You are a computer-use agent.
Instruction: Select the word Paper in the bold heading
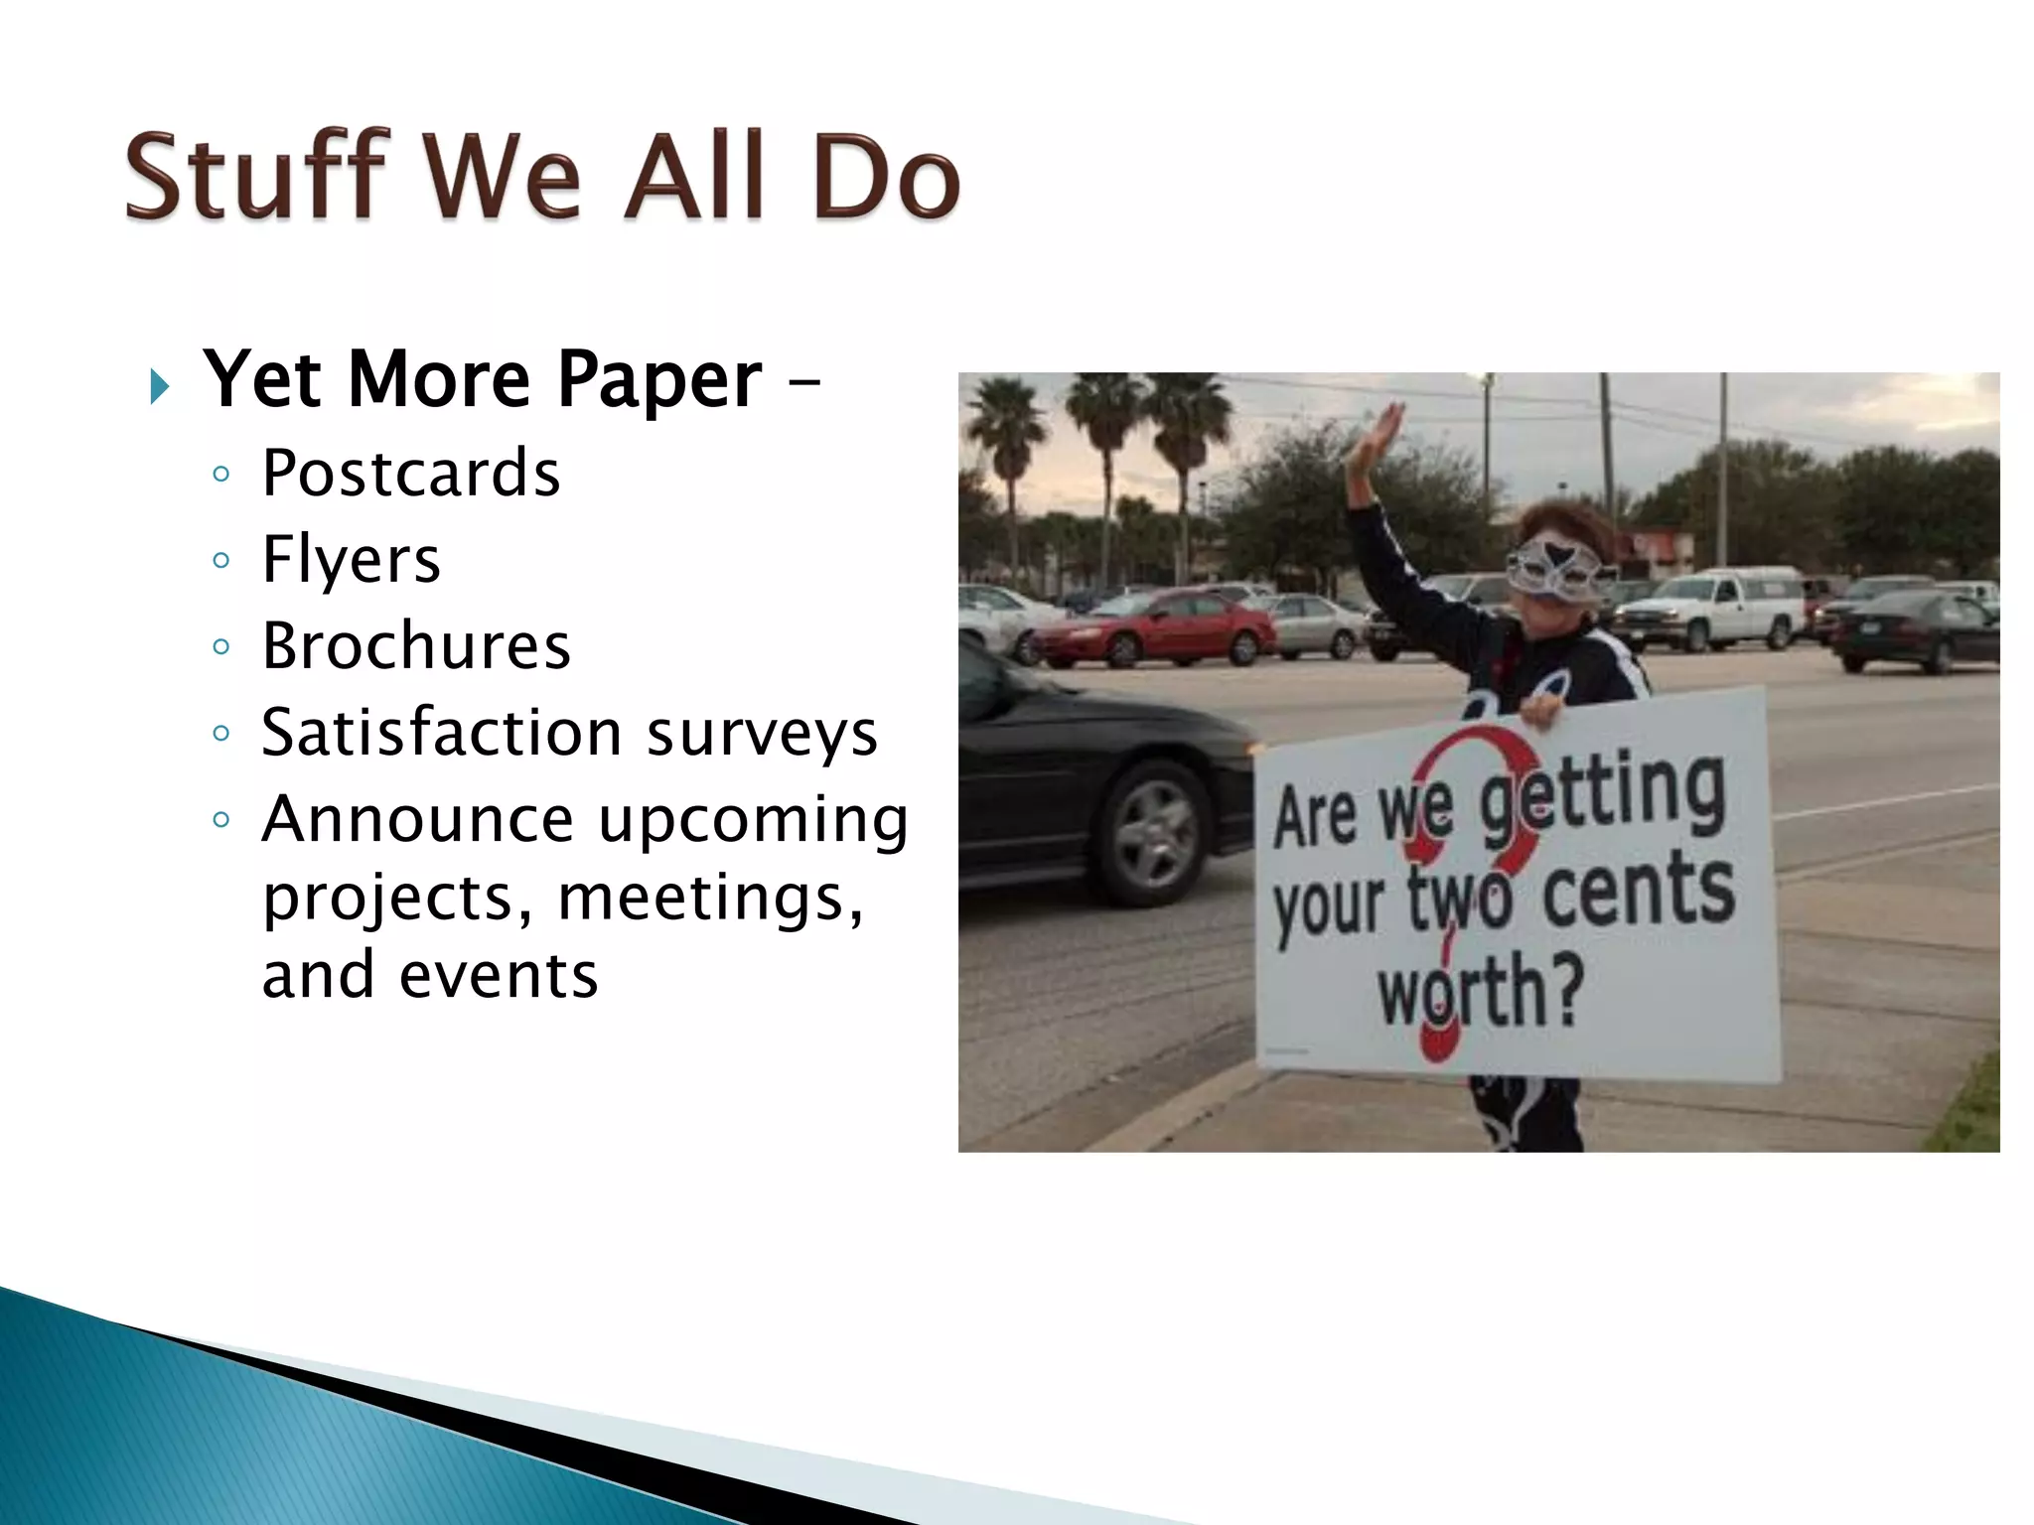[657, 381]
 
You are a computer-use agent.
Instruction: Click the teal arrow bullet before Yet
[160, 385]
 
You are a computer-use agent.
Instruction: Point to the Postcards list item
[410, 474]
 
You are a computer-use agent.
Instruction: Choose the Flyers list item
[351, 560]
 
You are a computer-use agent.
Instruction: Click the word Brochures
[416, 646]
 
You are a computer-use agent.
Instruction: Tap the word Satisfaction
[442, 733]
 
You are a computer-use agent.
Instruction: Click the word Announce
[417, 819]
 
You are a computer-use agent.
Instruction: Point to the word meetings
[710, 898]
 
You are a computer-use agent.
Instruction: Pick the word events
[499, 975]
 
